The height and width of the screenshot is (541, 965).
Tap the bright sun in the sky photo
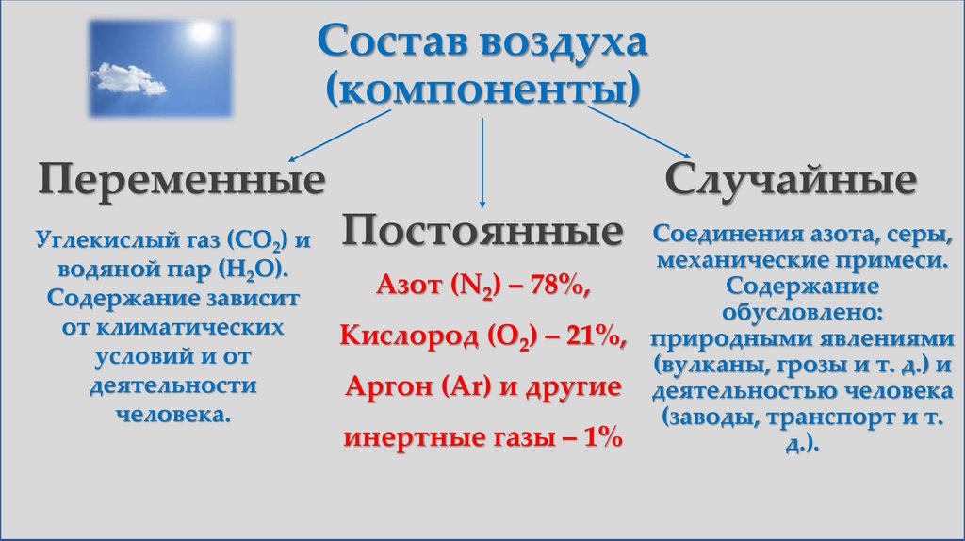click(202, 33)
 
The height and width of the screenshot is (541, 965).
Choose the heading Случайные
click(791, 179)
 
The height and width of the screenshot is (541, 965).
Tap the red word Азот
click(407, 285)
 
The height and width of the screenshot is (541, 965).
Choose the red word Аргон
click(381, 385)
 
